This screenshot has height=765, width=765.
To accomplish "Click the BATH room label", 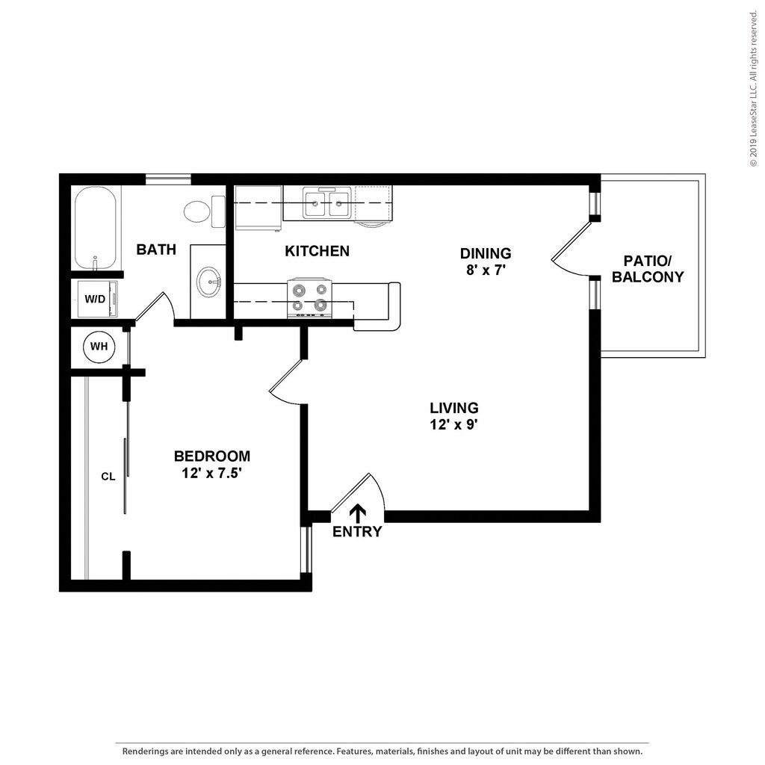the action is click(x=156, y=250).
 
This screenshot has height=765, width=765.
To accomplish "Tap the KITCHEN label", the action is click(x=317, y=251).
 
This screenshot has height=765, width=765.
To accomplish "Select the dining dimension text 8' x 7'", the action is click(x=486, y=270).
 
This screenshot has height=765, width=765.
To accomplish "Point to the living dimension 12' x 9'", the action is click(x=453, y=424).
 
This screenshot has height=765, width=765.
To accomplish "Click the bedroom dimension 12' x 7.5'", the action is click(x=211, y=473).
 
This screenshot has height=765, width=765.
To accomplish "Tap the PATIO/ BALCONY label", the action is click(x=648, y=268).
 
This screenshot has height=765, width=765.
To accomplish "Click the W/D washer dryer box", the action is click(x=97, y=299).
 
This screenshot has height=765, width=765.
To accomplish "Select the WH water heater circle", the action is click(x=99, y=347).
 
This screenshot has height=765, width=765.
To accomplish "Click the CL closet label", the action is click(x=108, y=477).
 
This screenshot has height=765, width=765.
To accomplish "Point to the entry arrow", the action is click(x=359, y=514).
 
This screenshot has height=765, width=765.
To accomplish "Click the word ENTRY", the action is click(x=357, y=532).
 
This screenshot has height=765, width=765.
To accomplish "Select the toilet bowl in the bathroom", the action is click(x=205, y=211).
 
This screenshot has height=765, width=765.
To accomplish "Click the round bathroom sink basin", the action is click(x=210, y=282).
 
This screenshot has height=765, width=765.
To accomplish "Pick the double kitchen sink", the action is click(x=326, y=202).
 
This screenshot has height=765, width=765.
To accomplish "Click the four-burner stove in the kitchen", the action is click(x=310, y=298).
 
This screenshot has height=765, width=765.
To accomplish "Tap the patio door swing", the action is click(x=570, y=250).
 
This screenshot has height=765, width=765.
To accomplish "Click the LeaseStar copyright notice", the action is click(x=755, y=84).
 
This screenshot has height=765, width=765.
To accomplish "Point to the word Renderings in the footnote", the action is click(x=145, y=752).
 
